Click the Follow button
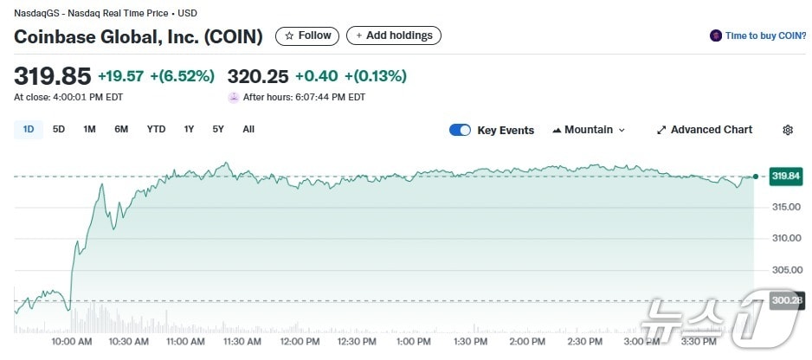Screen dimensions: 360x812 (x=307, y=35)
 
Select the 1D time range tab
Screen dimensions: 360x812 (x=29, y=130)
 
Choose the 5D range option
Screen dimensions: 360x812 (x=59, y=130)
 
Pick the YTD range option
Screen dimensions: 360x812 (x=156, y=130)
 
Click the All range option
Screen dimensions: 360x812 (x=248, y=130)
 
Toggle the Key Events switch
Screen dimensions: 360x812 (x=460, y=130)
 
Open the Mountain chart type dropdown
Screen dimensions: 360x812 (x=589, y=130)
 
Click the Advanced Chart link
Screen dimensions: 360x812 (x=705, y=130)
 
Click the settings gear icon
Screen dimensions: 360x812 (x=788, y=130)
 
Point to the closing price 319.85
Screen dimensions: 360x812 (x=52, y=76)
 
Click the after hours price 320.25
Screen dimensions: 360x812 (x=257, y=76)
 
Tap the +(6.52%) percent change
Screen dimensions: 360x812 (x=182, y=76)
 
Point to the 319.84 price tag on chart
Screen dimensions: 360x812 (x=785, y=177)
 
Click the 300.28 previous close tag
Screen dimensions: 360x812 (x=785, y=300)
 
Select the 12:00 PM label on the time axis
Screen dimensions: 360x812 (x=300, y=342)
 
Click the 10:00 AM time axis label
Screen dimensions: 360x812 (x=72, y=342)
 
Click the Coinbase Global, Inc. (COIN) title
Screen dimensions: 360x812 (x=139, y=36)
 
